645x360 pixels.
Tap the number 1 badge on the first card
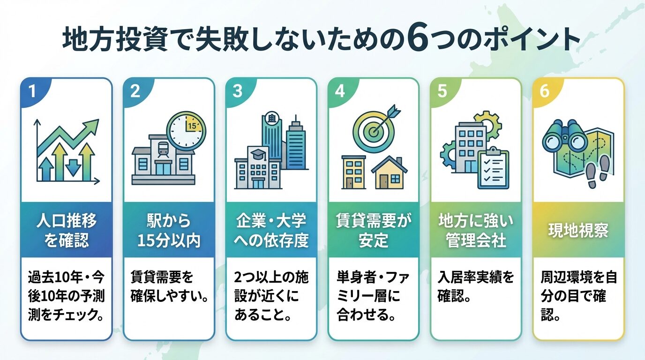tap(32, 91)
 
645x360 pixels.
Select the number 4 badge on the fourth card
tap(339, 91)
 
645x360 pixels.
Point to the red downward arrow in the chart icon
tap(73, 166)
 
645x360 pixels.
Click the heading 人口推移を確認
tap(66, 230)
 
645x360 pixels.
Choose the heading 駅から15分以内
tap(169, 230)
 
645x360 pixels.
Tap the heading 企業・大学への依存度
tap(271, 230)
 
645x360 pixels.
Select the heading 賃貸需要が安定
tap(373, 230)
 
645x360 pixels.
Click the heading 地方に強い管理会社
tap(476, 230)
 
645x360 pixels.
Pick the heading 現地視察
tap(578, 230)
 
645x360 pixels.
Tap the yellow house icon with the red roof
tap(389, 172)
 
